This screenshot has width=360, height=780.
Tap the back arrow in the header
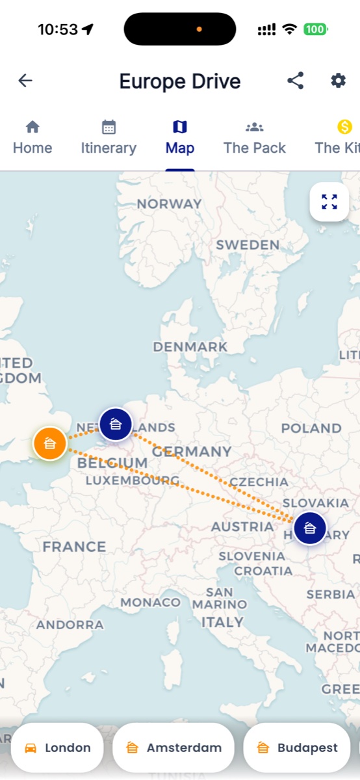pyautogui.click(x=25, y=81)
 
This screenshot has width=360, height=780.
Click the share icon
pyautogui.click(x=296, y=81)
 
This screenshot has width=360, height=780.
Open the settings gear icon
pyautogui.click(x=338, y=81)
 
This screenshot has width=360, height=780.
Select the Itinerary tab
pyautogui.click(x=109, y=137)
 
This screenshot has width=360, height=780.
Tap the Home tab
pyautogui.click(x=32, y=137)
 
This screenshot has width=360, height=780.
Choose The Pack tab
pyautogui.click(x=255, y=137)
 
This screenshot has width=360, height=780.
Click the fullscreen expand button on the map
pyautogui.click(x=329, y=201)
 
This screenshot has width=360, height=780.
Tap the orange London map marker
pyautogui.click(x=49, y=444)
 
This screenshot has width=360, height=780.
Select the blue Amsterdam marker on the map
pyautogui.click(x=116, y=424)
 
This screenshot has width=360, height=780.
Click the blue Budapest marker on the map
pyautogui.click(x=309, y=528)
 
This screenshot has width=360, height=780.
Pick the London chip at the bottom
pyautogui.click(x=57, y=747)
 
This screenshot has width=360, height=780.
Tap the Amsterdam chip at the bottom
pyautogui.click(x=174, y=747)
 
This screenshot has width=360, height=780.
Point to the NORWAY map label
pyautogui.click(x=169, y=204)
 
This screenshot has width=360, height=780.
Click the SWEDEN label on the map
pyautogui.click(x=248, y=245)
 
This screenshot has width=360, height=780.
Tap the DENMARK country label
pyautogui.click(x=190, y=347)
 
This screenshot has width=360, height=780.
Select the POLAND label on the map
pyautogui.click(x=311, y=428)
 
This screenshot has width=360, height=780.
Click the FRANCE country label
pyautogui.click(x=74, y=547)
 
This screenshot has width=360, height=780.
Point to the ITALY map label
pyautogui.click(x=222, y=622)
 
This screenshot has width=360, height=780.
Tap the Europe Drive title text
pyautogui.click(x=180, y=81)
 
